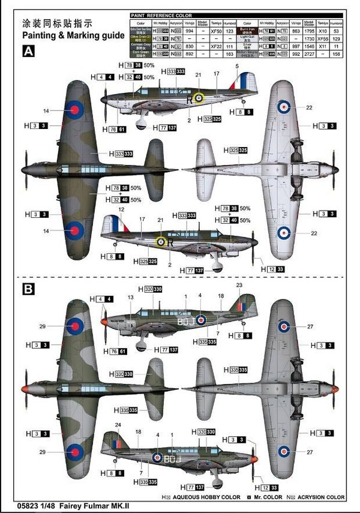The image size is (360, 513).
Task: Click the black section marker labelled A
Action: tap(28, 52)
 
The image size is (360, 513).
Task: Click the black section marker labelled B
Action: tap(28, 289)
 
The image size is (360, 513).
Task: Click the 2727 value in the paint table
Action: tap(308, 53)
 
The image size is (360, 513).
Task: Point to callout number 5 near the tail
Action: tap(237, 66)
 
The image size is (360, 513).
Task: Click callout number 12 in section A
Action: tap(121, 209)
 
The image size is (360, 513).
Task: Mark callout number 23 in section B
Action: tap(239, 285)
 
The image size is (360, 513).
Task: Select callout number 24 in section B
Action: tap(118, 425)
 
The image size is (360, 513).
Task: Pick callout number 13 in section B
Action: tap(130, 297)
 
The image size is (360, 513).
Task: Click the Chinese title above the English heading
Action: tap(57, 24)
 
